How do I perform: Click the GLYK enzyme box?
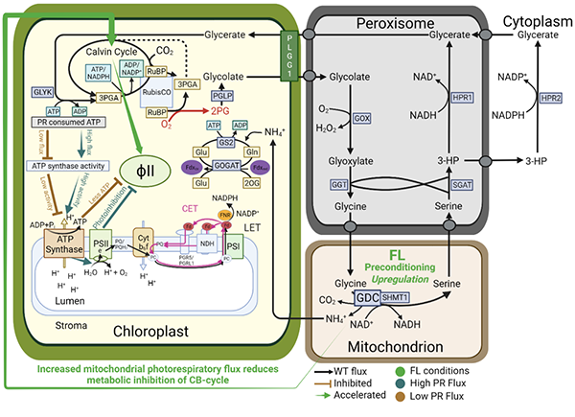(x=41, y=91)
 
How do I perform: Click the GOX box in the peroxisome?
(x=361, y=117)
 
